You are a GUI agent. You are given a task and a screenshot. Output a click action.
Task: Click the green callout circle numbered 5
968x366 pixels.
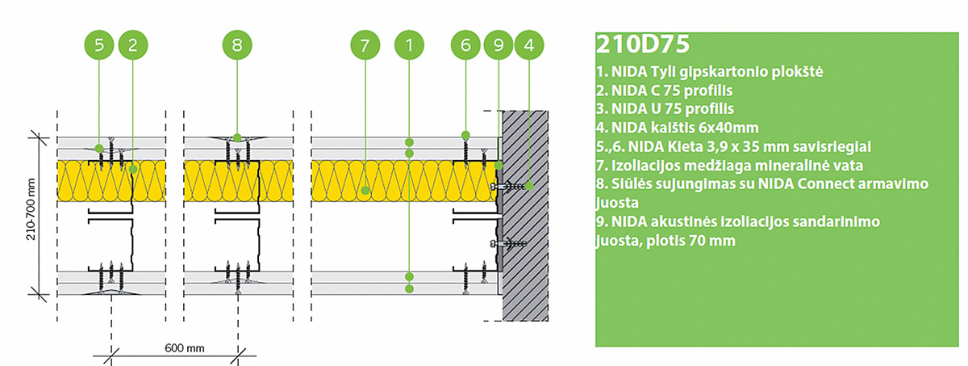pos(99,45)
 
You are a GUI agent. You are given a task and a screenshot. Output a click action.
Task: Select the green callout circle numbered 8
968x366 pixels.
pos(236,45)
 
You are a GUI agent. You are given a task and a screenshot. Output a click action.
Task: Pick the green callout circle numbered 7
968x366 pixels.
pos(365,45)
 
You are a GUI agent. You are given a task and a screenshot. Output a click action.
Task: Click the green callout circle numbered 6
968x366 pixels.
pos(465,45)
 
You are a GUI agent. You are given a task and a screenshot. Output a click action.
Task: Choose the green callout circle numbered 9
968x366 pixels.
pos(499,45)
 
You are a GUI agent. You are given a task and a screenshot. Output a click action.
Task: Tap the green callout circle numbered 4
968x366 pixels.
pos(528,45)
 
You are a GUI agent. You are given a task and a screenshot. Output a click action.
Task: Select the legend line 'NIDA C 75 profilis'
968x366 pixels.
pos(669,90)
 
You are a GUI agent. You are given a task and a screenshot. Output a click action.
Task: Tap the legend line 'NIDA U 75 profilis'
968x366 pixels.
pos(669,108)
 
